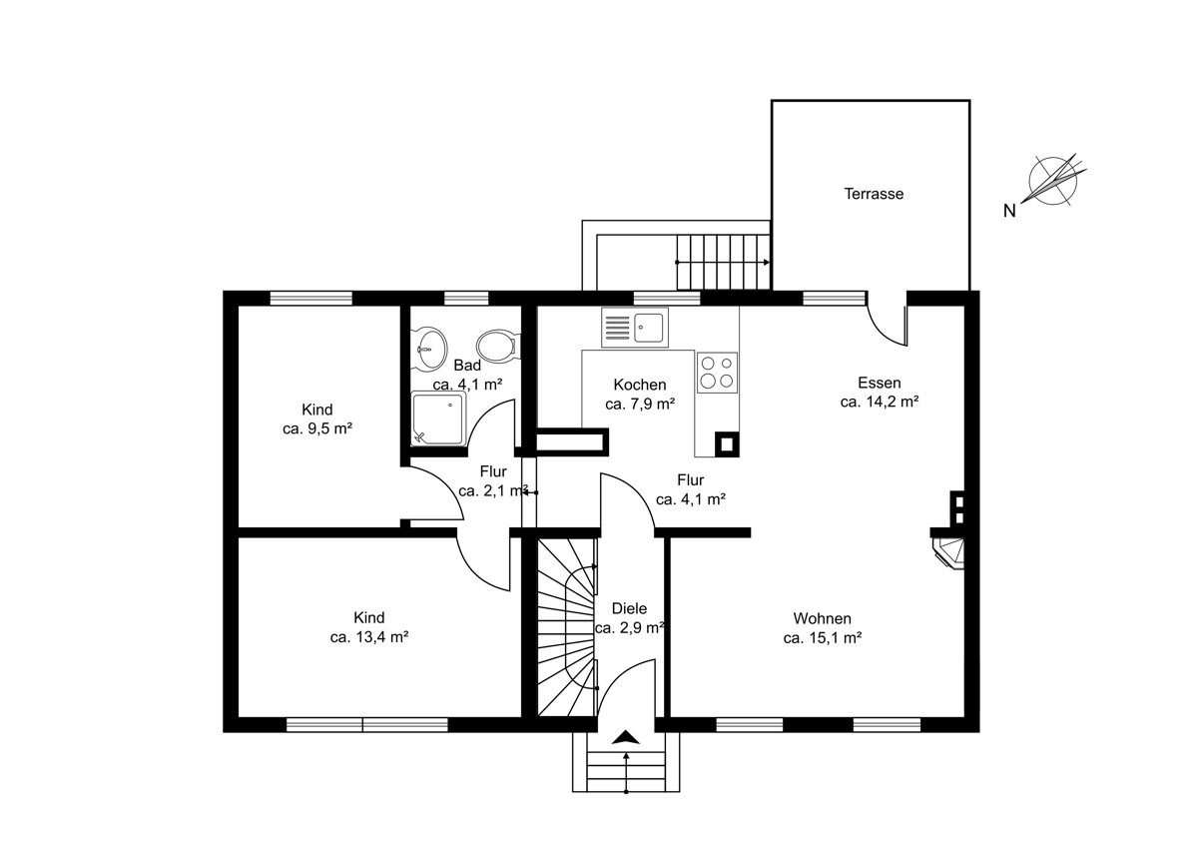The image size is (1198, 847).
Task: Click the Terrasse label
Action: (x=874, y=194)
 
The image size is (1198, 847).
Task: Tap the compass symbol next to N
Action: (x=1053, y=181)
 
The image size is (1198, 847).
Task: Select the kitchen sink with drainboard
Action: (x=635, y=327)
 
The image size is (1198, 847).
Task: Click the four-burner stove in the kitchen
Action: (x=717, y=373)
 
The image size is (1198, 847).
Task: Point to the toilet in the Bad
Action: (x=497, y=347)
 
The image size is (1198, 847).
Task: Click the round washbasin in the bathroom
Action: (x=431, y=349)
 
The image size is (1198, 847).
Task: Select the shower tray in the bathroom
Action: (x=438, y=418)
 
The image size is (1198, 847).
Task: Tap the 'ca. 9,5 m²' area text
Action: (x=317, y=428)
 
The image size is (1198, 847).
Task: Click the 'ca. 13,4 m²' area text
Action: (x=369, y=636)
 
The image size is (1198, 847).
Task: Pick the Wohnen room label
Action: (x=822, y=618)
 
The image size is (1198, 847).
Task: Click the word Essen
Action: (x=880, y=383)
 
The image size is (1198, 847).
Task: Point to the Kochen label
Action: (x=640, y=385)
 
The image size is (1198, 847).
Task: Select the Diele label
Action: (x=629, y=608)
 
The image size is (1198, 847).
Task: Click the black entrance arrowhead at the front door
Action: (x=626, y=737)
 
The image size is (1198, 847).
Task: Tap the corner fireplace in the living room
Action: (x=948, y=553)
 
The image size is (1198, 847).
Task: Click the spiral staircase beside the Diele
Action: (x=567, y=627)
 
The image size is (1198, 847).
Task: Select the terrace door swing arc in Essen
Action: (x=883, y=331)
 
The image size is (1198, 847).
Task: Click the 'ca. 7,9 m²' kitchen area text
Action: (x=640, y=404)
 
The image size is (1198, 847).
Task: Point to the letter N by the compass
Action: (x=1009, y=212)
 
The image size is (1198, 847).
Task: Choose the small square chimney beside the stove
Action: (x=727, y=444)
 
